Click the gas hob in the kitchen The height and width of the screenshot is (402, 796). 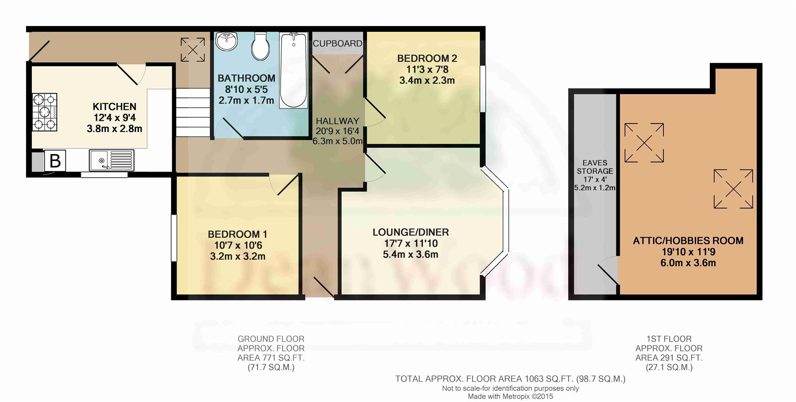point(45,112)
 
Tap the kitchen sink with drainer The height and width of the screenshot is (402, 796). point(112,160)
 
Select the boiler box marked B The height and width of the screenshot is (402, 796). point(55,160)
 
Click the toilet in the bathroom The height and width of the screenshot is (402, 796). point(260,46)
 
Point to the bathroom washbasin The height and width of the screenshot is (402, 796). point(227,41)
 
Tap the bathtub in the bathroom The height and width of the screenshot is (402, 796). point(294,70)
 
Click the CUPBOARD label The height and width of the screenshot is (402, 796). point(337,44)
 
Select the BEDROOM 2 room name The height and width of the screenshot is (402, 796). point(427,58)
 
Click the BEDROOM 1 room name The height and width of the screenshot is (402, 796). point(238,234)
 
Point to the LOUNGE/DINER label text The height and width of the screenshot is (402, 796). point(410,232)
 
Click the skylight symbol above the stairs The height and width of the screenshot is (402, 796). point(193,50)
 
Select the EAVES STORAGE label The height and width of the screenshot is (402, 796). point(595,167)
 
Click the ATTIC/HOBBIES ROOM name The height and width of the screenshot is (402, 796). point(688,241)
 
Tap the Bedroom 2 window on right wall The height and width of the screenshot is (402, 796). point(483,88)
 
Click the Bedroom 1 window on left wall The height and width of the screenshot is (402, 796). point(174,238)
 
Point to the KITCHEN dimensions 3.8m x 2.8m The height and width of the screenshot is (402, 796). point(114,128)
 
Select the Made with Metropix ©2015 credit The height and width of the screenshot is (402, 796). point(510,397)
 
